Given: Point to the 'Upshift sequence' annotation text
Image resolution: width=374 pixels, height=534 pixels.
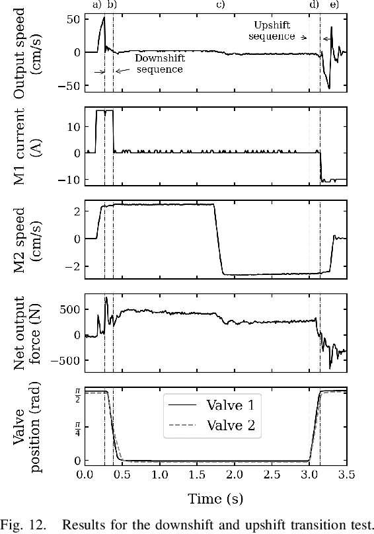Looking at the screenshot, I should pos(272,30).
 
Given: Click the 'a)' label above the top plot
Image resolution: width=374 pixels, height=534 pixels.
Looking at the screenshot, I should pos(97,5).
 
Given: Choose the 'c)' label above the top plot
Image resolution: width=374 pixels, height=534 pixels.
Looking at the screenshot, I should pos(220,5).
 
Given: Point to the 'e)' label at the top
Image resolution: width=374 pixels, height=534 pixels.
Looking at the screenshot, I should pos(334,5).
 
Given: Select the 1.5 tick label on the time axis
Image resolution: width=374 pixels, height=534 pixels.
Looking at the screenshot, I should pos(196,475).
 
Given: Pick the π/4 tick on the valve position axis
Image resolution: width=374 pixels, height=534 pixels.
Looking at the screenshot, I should pos(77,426).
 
